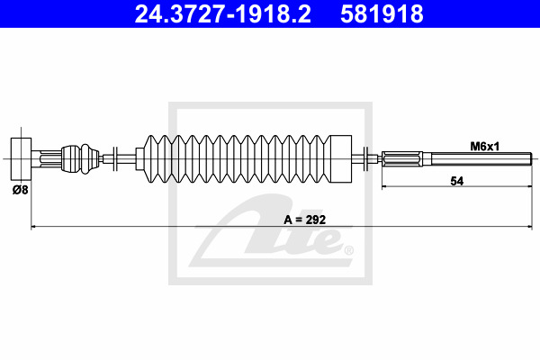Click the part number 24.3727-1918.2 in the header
coord(223,14)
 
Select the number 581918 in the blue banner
coord(382,14)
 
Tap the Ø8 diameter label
coord(21,190)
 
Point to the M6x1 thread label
coord(485,147)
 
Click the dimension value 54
coord(457,181)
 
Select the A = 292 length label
coord(305,220)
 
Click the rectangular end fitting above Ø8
coord(21,158)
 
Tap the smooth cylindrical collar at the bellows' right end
coord(341,158)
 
